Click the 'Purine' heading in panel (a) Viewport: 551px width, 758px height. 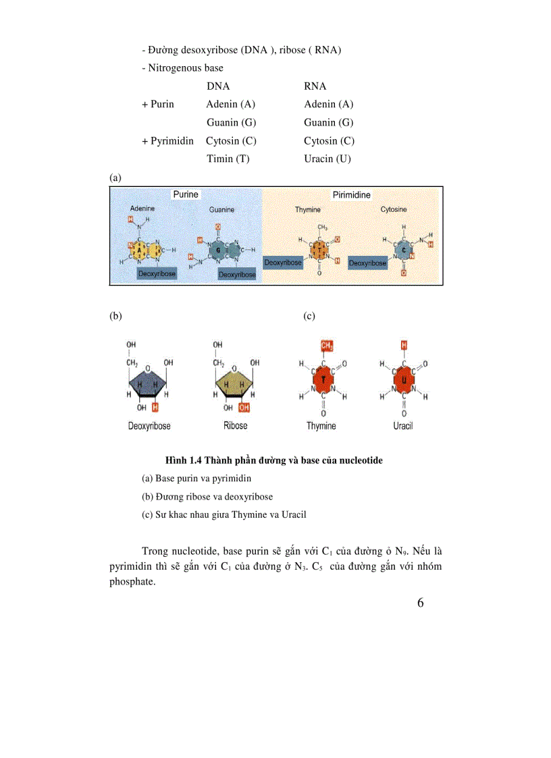[186, 194]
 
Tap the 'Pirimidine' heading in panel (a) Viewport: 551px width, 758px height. [351, 194]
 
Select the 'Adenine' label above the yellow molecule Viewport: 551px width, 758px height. [142, 209]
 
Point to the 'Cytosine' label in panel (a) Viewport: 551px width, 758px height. [394, 210]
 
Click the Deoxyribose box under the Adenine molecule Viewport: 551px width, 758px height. [157, 273]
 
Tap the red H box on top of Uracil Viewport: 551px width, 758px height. [404, 346]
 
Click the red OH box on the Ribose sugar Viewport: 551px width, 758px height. [244, 407]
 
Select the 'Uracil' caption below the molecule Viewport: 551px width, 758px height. [403, 426]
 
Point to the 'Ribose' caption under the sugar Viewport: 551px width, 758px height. [235, 426]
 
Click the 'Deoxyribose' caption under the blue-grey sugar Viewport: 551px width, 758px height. [149, 426]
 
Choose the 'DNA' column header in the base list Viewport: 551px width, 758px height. [218, 86]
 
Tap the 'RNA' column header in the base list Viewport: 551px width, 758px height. [315, 86]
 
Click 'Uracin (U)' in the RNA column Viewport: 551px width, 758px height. [327, 159]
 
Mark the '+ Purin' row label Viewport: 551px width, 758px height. [158, 104]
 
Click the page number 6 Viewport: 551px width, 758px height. [421, 603]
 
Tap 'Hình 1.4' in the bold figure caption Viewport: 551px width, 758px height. [184, 460]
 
